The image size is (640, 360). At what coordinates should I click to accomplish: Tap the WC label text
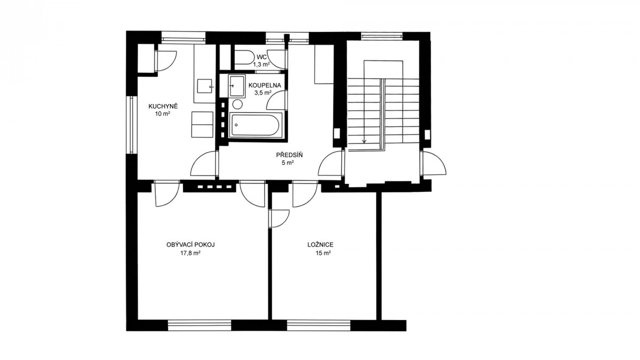point(261,57)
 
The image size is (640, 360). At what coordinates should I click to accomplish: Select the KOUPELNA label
point(265,85)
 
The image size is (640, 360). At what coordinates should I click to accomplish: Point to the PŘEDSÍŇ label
point(289,155)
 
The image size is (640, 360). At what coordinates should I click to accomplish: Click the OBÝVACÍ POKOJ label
point(190,245)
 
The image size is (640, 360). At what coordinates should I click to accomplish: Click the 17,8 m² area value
point(190,253)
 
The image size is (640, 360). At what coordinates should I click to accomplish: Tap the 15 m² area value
point(323,253)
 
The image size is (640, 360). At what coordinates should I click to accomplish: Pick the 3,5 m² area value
point(263,93)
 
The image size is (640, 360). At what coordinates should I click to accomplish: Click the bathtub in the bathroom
point(255,125)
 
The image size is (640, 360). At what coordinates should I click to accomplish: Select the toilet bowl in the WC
point(243,58)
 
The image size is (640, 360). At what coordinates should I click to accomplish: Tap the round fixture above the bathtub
point(237,104)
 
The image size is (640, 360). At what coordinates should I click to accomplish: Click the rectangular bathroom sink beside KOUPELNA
point(237,85)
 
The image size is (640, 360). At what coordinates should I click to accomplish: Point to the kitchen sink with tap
point(205,86)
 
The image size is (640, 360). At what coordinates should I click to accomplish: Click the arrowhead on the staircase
point(364,141)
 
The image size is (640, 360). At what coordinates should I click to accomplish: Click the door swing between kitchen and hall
point(203,164)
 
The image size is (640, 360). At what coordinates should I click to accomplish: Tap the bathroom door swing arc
point(276,100)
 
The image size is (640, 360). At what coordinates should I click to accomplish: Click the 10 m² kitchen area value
point(163,114)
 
